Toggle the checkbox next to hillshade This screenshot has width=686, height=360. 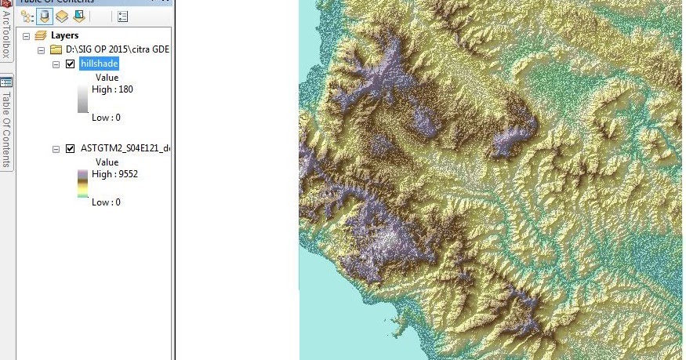(71, 64)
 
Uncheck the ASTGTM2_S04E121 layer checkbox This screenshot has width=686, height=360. (71, 148)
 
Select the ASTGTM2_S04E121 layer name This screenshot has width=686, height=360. (124, 148)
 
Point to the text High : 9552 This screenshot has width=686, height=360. (114, 174)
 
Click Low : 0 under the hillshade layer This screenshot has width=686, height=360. (106, 118)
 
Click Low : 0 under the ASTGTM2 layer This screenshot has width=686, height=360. (106, 202)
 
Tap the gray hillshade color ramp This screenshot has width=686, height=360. (82, 99)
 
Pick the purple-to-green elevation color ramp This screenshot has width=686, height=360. (82, 184)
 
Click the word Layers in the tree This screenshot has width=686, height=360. (64, 35)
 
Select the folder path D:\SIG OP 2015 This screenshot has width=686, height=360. (117, 49)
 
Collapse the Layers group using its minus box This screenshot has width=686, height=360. (27, 36)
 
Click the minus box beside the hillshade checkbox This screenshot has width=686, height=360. (56, 64)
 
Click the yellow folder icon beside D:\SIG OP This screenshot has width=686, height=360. (56, 49)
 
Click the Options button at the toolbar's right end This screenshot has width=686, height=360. (123, 16)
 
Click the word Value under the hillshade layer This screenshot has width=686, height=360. (107, 78)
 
